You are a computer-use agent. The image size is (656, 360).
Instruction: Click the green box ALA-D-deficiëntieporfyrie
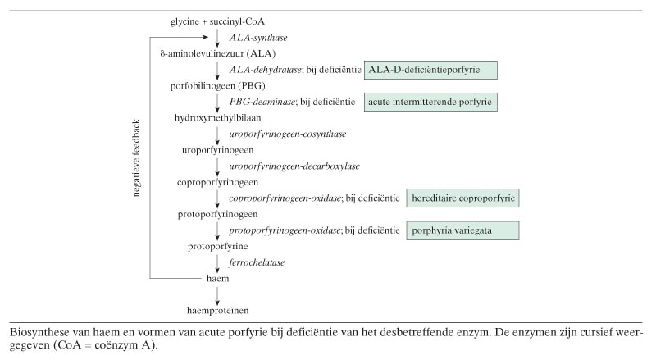point(431,71)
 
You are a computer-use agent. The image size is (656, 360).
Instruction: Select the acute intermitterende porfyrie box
point(431,102)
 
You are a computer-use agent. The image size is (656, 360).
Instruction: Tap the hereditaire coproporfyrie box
point(464,198)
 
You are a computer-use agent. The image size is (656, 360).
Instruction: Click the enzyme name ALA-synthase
point(257,38)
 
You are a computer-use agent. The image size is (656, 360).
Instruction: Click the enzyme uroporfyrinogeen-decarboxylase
point(283,166)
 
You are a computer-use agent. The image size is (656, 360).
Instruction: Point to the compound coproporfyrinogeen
point(217,182)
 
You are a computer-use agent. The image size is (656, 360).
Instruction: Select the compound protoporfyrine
point(217,246)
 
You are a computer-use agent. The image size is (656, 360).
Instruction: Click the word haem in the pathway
point(217,279)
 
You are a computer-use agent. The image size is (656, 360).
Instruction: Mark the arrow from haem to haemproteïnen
point(217,294)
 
